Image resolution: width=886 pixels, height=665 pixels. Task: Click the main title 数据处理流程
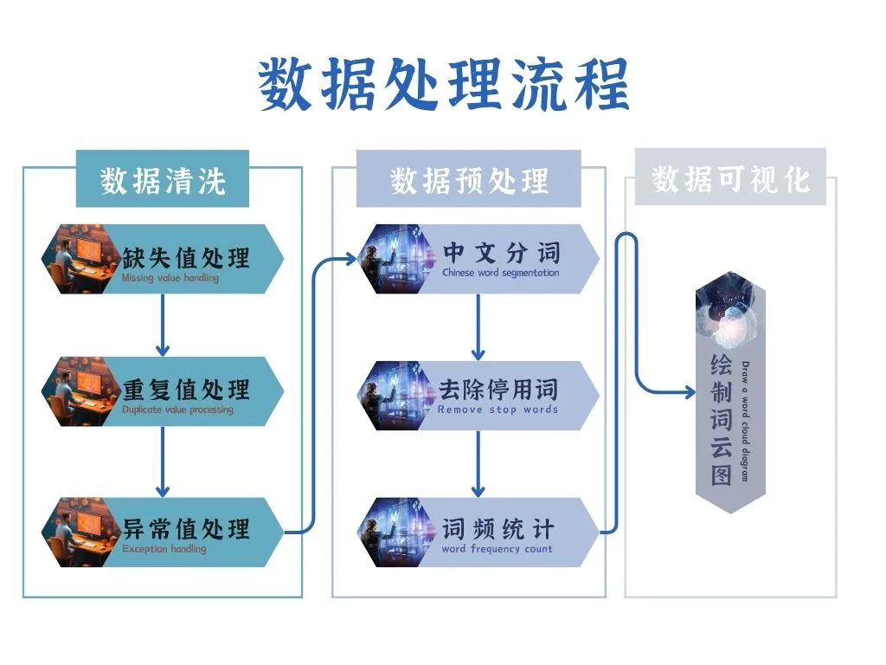click(443, 85)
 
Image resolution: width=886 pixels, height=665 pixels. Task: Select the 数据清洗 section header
click(163, 180)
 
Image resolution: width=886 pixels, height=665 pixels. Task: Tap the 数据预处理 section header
click(469, 180)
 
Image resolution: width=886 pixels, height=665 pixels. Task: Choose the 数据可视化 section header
click(730, 178)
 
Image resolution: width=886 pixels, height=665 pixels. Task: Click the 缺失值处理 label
click(185, 256)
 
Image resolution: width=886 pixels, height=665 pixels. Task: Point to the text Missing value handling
click(170, 279)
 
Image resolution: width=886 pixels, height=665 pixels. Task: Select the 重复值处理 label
click(185, 389)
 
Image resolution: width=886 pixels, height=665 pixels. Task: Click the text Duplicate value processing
click(177, 410)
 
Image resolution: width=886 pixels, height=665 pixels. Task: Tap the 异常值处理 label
click(185, 528)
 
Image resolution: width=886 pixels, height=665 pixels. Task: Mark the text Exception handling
click(164, 549)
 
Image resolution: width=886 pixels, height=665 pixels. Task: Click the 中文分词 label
click(501, 252)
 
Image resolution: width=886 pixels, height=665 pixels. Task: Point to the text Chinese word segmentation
click(500, 273)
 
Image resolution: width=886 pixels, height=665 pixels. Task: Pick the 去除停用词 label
click(498, 389)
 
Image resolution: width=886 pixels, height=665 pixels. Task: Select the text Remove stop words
click(498, 410)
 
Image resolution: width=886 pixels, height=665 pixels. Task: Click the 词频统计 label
click(498, 528)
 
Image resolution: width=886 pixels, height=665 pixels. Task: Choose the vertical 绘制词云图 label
click(721, 419)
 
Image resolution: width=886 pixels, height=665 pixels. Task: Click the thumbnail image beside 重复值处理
click(76, 391)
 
